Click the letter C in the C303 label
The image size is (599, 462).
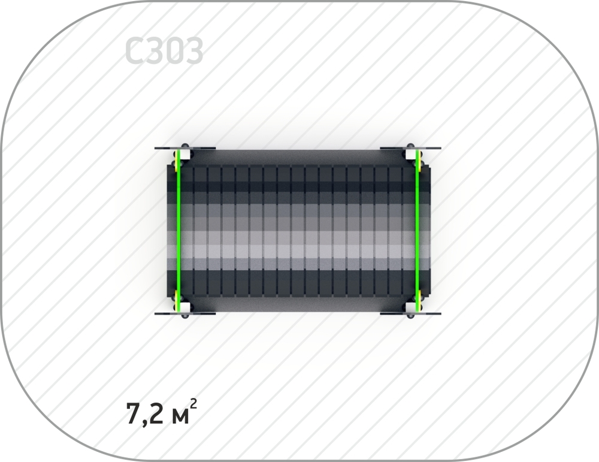coord(134,50)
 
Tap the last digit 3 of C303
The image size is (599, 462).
coord(193,50)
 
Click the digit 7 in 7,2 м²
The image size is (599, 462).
coord(134,413)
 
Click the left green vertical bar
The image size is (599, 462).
coord(178,231)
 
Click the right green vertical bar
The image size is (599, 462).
coord(417,231)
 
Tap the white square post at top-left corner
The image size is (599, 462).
coord(184,155)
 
